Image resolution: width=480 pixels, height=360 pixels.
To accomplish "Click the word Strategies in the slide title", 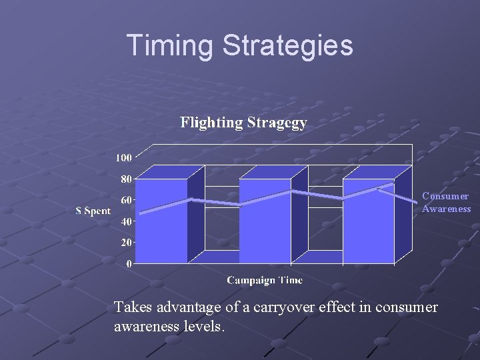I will click(x=288, y=45).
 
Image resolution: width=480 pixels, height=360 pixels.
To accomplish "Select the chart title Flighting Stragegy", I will click(x=243, y=123).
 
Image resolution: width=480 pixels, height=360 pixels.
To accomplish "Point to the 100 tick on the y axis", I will click(x=123, y=157).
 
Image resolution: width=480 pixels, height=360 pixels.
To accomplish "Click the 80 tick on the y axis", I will click(x=125, y=179).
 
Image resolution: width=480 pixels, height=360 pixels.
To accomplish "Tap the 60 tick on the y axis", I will click(x=125, y=199).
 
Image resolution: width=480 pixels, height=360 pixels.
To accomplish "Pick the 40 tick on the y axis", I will click(x=125, y=221).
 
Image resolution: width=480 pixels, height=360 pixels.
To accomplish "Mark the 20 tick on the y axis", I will click(x=125, y=242).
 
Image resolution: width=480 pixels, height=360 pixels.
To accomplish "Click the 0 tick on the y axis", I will click(x=128, y=263).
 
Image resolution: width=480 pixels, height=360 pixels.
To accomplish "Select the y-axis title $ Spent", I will click(x=93, y=211).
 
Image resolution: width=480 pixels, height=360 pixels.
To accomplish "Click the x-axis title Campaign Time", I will click(x=265, y=280).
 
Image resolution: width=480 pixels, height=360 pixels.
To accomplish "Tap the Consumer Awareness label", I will click(x=446, y=203).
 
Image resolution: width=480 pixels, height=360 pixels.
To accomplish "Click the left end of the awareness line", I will click(x=141, y=212).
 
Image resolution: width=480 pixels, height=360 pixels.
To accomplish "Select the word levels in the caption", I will click(x=204, y=327).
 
